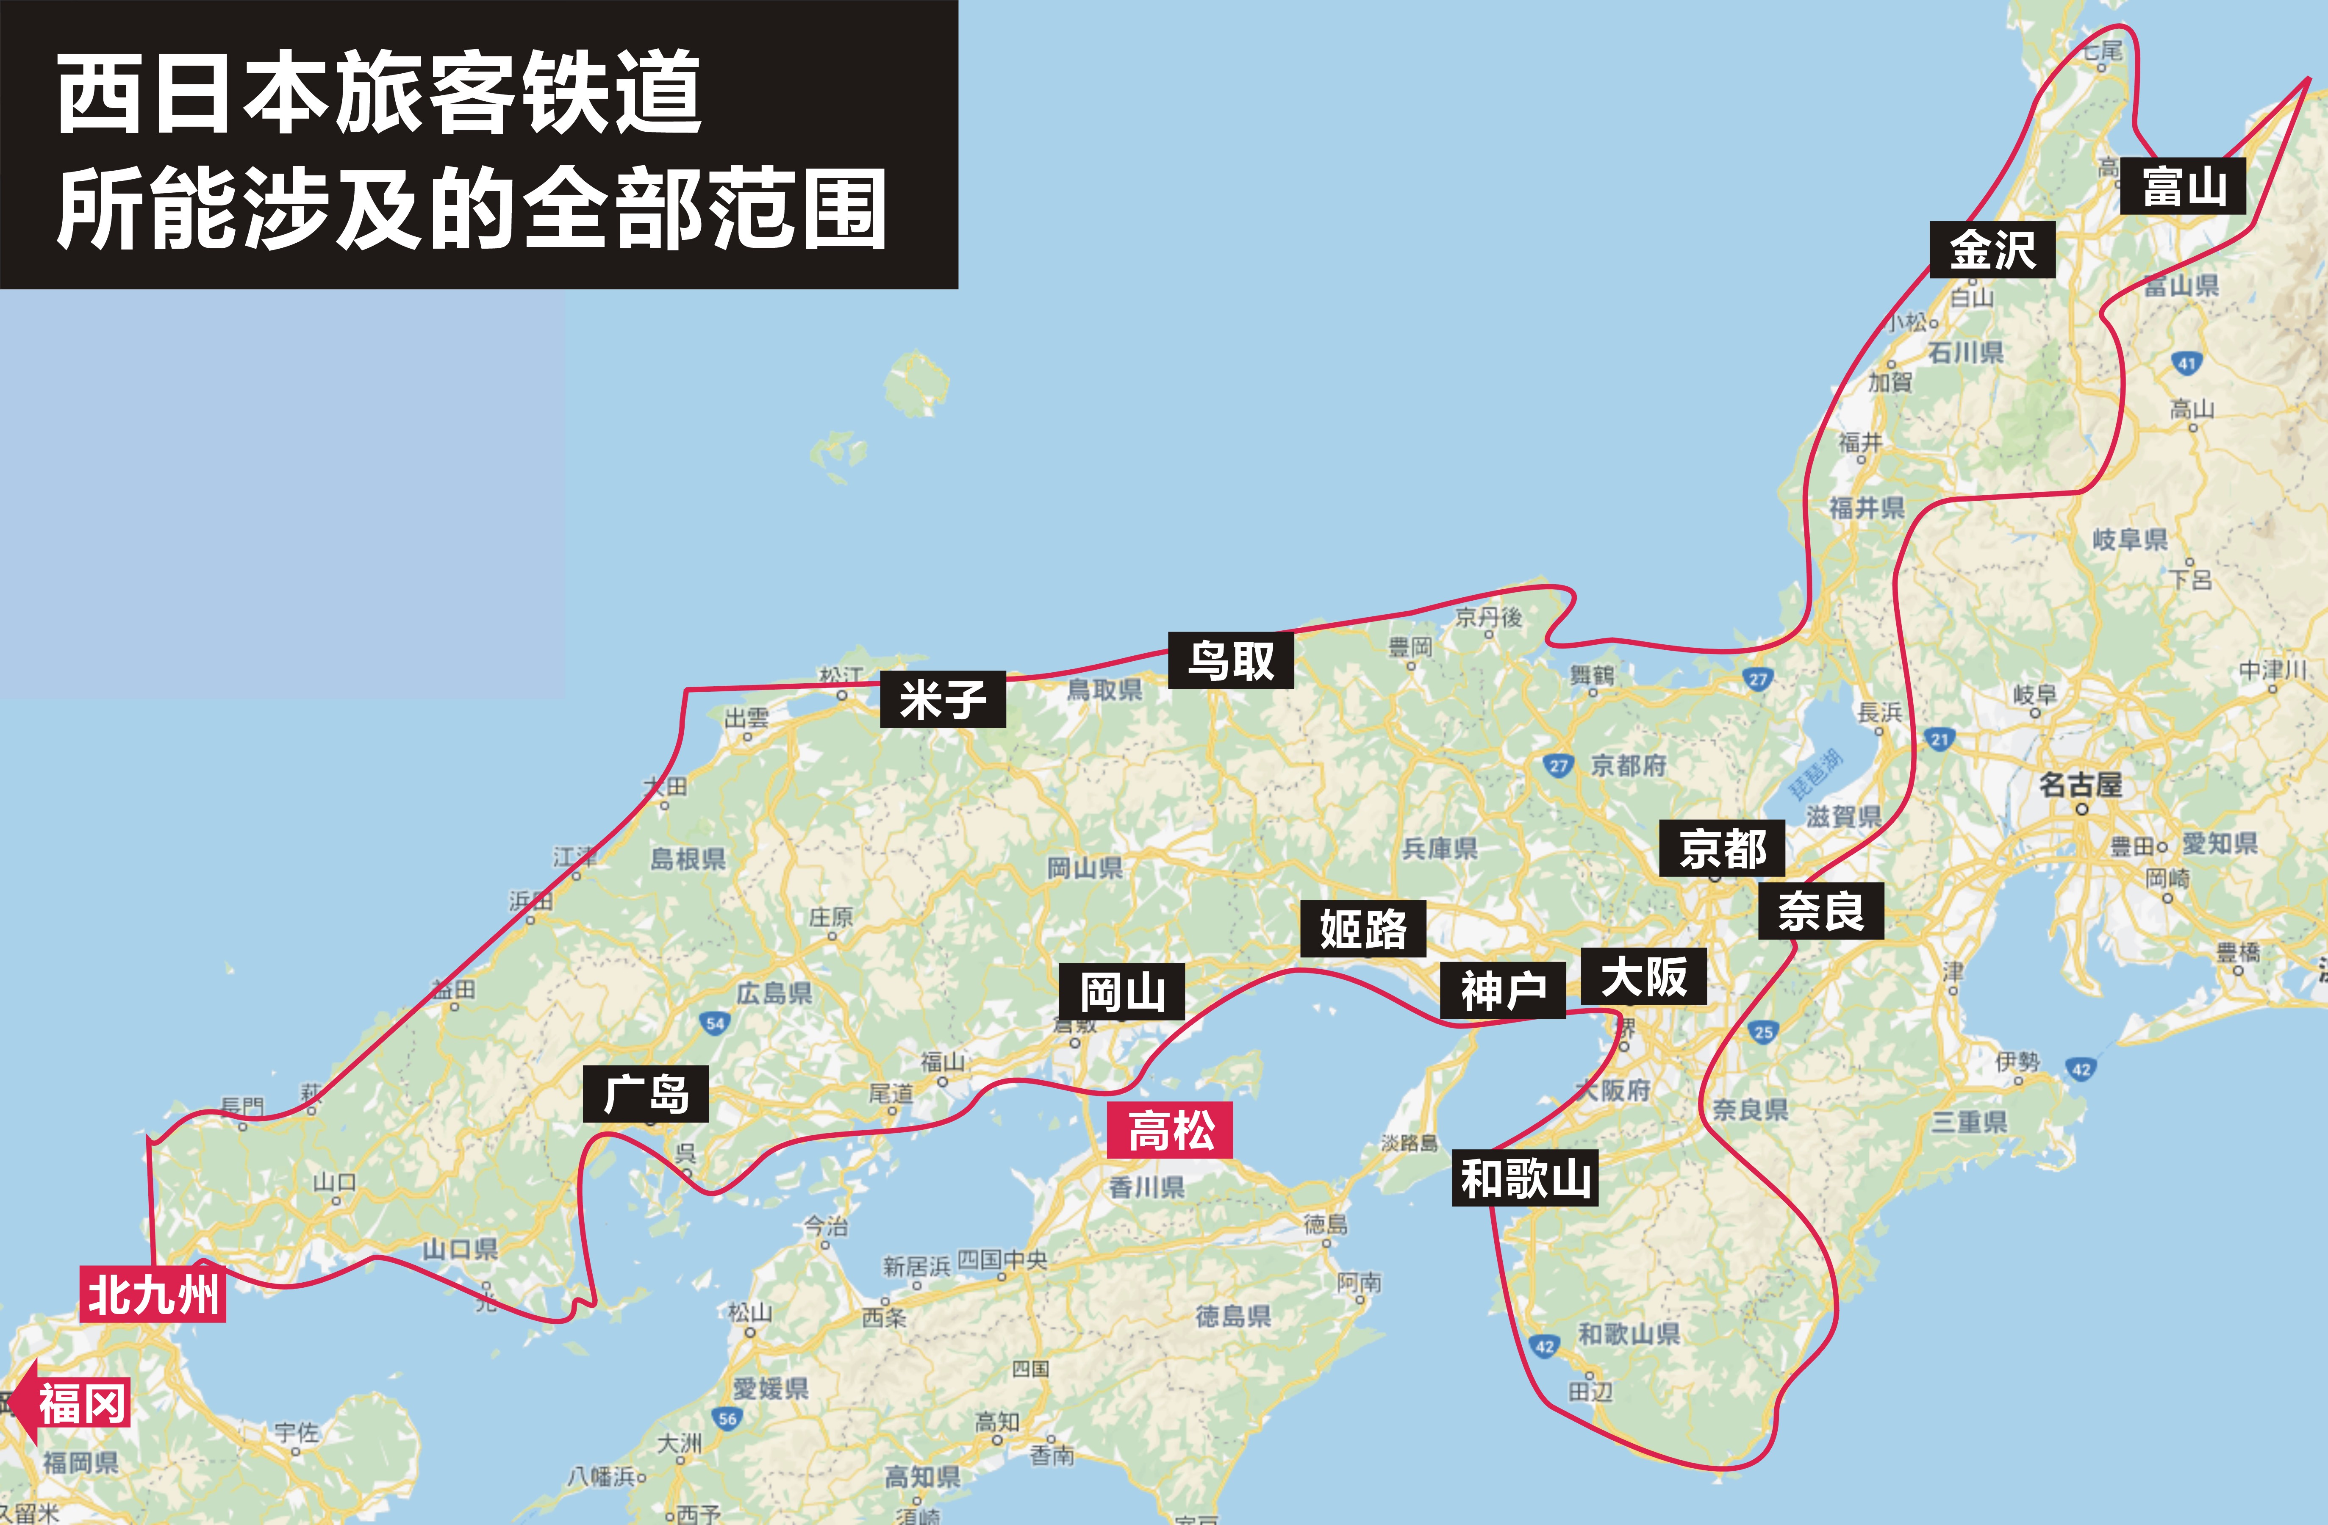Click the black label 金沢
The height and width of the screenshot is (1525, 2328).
pos(1992,250)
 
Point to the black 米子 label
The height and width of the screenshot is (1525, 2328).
pos(942,699)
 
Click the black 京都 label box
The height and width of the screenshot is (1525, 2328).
pos(1722,848)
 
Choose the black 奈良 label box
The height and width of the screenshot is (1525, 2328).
pos(1820,912)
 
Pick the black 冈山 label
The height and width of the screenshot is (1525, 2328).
pos(1122,992)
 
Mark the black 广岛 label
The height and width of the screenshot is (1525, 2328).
pos(646,1094)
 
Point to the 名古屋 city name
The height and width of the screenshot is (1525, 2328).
pos(2081,785)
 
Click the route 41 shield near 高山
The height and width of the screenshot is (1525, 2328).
pos(2186,363)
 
